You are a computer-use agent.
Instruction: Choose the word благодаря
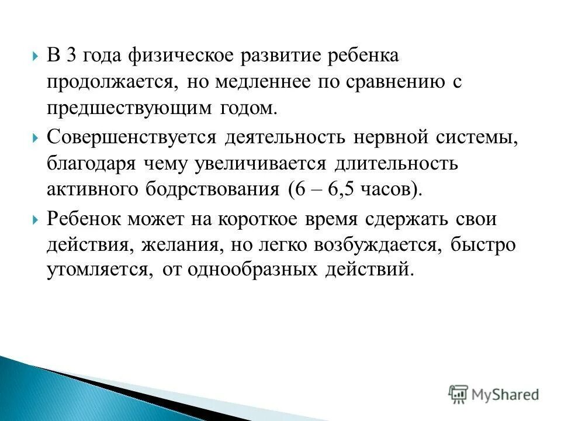tap(90, 164)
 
